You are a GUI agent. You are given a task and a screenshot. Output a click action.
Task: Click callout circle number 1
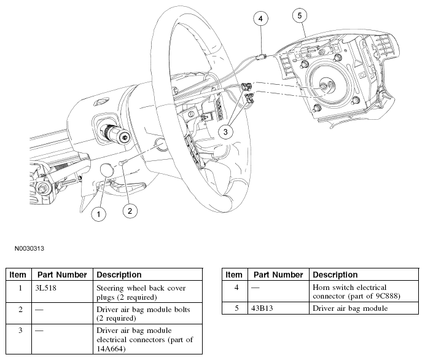coord(98,214)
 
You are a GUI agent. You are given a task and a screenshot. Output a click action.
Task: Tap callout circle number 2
coord(130,211)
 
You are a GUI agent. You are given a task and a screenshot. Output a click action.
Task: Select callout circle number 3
coord(225,132)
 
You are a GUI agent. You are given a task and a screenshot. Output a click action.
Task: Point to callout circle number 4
coord(260,18)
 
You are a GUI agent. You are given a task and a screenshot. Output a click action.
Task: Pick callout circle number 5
coord(300,15)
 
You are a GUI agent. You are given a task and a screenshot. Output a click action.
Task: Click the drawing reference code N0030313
coord(29,249)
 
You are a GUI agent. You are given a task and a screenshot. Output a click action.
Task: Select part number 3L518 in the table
coord(46,288)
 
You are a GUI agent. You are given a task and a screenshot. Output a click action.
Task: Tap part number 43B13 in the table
coord(262,308)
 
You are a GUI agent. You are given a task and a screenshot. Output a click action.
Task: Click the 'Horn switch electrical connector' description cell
coord(356,292)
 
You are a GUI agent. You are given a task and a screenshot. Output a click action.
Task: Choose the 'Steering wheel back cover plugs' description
coord(141,292)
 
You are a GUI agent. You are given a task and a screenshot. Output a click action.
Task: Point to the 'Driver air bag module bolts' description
coord(143,314)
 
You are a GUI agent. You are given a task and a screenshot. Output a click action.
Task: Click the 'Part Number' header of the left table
coord(62,275)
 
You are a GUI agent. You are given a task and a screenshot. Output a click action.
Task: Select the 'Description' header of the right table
coord(335,275)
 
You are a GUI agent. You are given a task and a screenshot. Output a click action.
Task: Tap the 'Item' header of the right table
coord(234,275)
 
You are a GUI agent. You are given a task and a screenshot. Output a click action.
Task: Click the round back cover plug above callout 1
coord(107,170)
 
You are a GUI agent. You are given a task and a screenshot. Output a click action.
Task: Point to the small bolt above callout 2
coord(122,162)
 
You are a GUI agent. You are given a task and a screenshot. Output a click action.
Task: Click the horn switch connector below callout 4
coord(262,57)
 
